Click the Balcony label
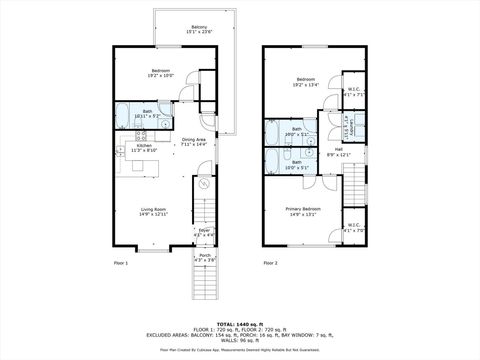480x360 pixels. point(200,29)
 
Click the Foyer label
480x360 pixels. point(204,232)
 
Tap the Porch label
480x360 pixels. point(204,257)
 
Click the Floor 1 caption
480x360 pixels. point(121,263)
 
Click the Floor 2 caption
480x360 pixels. point(271,263)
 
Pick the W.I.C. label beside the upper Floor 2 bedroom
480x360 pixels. point(354,91)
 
